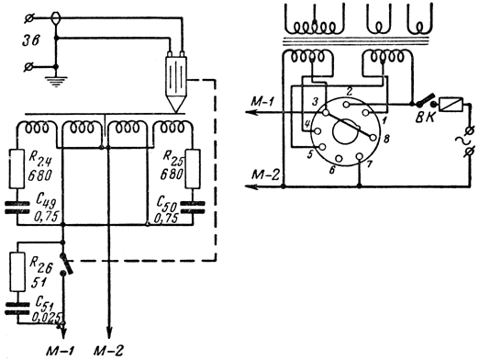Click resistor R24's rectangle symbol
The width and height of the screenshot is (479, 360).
(x=17, y=169)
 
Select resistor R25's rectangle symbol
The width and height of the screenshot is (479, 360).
(x=193, y=169)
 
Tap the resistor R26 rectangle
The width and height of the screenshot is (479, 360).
(x=17, y=272)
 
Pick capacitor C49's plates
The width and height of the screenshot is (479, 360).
(x=17, y=208)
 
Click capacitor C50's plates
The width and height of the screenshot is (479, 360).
(x=193, y=208)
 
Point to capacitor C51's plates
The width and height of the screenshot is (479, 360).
(x=17, y=309)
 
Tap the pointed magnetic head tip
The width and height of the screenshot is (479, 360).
(x=176, y=105)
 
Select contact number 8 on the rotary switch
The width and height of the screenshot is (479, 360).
(x=373, y=138)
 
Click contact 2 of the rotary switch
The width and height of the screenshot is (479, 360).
(x=346, y=105)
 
